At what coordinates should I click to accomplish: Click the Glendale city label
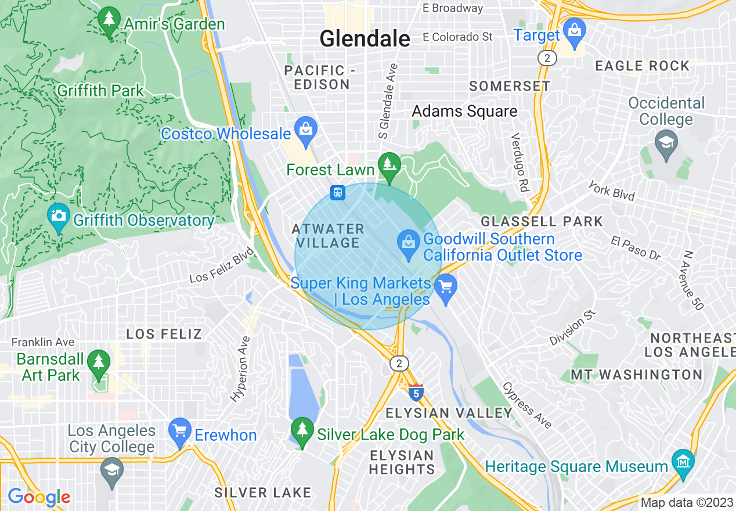coord(365,39)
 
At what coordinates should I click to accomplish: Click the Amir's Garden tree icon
coord(109,21)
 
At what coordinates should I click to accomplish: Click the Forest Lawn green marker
coord(389,165)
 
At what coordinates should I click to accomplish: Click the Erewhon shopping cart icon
coord(179,432)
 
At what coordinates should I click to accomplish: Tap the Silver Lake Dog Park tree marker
coord(302,431)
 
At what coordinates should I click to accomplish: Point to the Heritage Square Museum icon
coord(683,463)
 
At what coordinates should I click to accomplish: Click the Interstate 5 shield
coord(415,393)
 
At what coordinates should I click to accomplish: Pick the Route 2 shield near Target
coord(547,58)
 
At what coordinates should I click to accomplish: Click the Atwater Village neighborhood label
coord(329,236)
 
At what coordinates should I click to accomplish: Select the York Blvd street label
coord(611,190)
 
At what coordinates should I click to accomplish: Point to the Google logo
coord(39,497)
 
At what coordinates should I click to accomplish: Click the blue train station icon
coord(338,192)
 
